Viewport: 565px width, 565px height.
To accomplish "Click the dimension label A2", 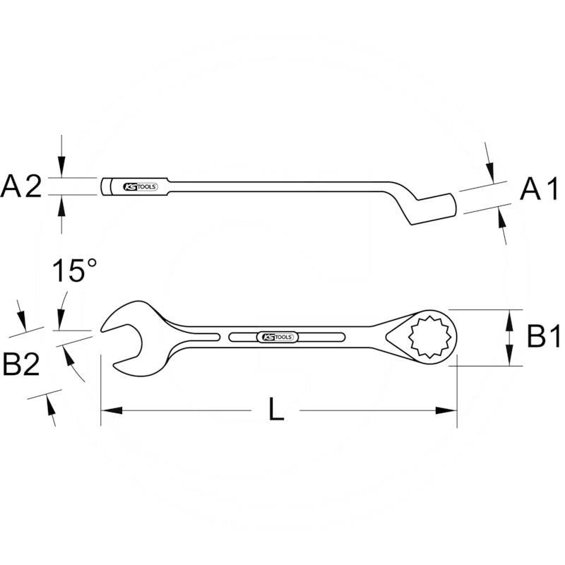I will (x=23, y=187).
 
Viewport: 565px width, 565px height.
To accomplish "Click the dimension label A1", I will (x=540, y=189).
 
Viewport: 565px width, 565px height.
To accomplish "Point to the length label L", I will (x=277, y=410).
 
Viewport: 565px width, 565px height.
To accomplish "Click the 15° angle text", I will (x=74, y=270).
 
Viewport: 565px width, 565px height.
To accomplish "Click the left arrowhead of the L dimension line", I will (x=110, y=410).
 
